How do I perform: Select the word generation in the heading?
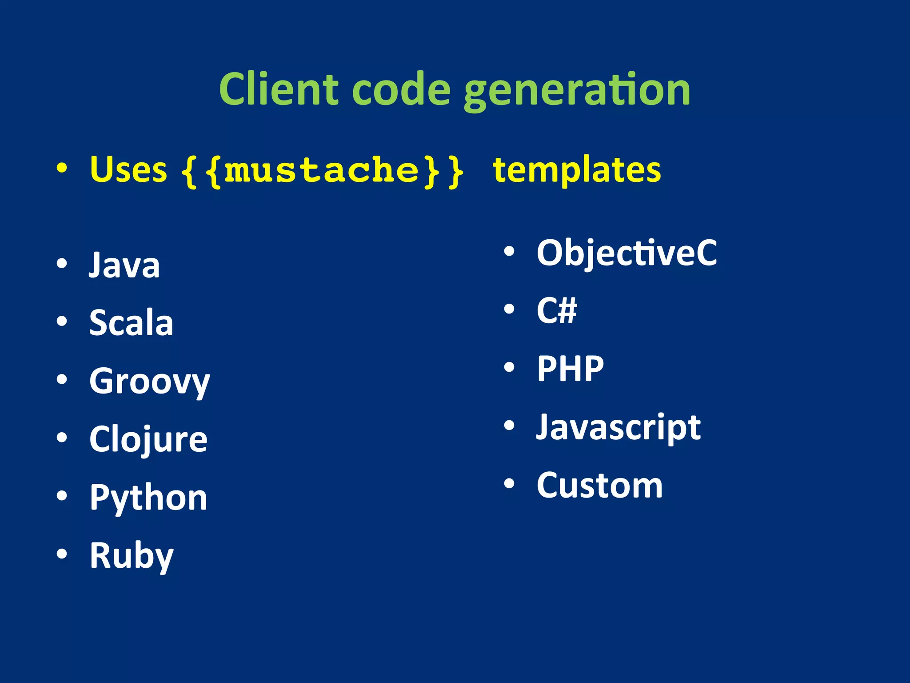tap(577, 91)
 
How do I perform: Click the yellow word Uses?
tap(128, 170)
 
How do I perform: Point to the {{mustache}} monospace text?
tap(323, 171)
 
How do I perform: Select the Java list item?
tap(124, 265)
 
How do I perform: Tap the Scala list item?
tap(131, 323)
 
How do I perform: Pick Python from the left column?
tap(148, 498)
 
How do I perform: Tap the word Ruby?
tap(132, 556)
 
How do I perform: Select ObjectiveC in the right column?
tap(627, 253)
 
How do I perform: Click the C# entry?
tap(556, 310)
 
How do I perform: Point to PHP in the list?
tap(570, 369)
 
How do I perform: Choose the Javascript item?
tap(618, 428)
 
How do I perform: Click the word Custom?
tap(599, 486)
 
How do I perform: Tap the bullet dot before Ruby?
tap(62, 554)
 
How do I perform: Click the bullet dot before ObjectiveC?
tap(509, 251)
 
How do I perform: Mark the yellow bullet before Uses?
tap(62, 169)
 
